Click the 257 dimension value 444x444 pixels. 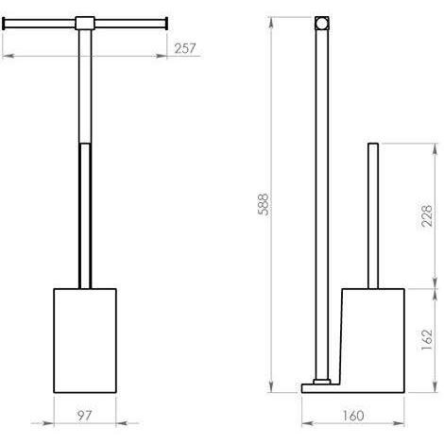(185, 48)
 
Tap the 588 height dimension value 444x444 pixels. (264, 204)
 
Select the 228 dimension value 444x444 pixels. (427, 215)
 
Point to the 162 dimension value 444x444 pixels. (427, 340)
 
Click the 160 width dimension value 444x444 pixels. (352, 416)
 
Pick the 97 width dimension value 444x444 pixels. (84, 416)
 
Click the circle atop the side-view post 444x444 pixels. (322, 24)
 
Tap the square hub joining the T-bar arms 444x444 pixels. (85, 24)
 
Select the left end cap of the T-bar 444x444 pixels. (4, 24)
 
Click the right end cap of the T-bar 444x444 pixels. (166, 24)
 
